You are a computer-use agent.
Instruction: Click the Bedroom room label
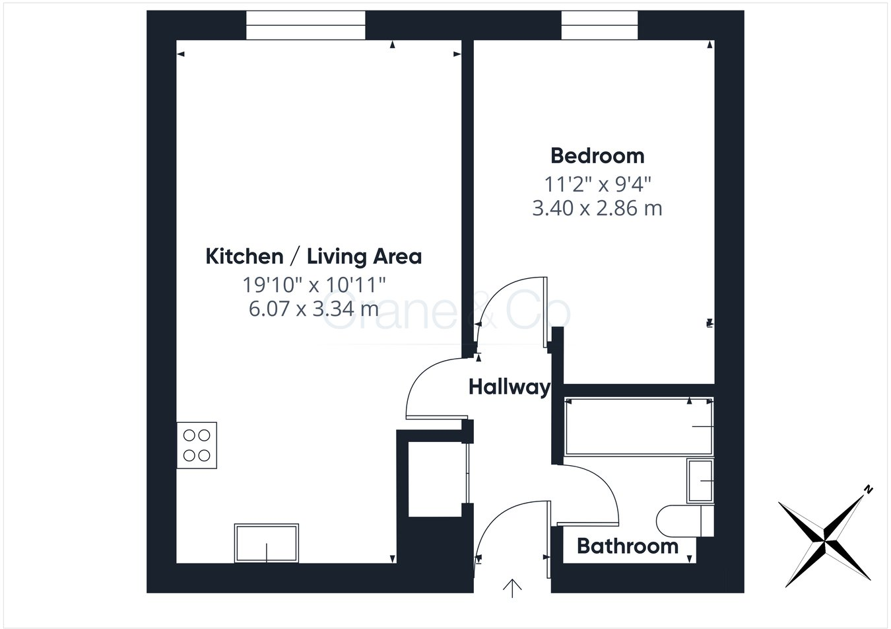coord(597,156)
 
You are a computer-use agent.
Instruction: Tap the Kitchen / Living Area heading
coord(313,256)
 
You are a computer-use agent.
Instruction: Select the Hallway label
coord(509,387)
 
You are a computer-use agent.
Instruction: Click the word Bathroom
coord(627,546)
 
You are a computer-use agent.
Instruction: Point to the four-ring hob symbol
coord(197,445)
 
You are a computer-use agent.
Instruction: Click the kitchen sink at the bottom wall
coord(266,543)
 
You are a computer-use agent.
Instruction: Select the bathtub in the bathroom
coord(639,427)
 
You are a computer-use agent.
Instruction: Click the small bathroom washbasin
coord(700,480)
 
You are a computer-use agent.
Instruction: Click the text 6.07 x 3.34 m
coord(313,309)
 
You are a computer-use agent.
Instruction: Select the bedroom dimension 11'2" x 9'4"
coord(597,183)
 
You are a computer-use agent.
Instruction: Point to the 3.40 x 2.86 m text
coord(597,209)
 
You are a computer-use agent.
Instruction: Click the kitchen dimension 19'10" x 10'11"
coord(313,285)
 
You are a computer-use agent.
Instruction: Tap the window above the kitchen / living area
coord(306,25)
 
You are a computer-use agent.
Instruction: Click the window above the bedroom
coord(599,25)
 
